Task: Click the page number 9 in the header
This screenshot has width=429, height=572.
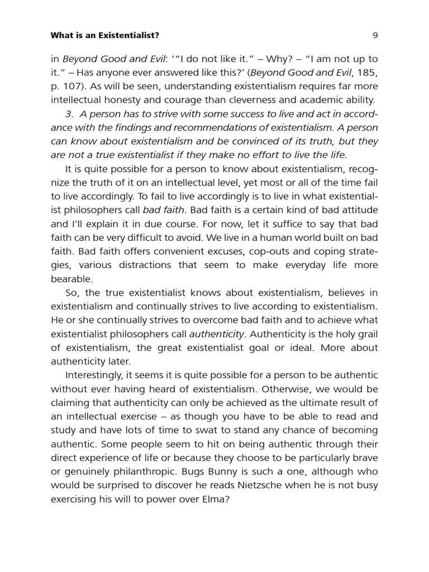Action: tap(375, 36)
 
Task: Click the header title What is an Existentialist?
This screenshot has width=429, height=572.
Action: tap(105, 36)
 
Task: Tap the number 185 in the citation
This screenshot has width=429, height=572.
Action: tap(366, 73)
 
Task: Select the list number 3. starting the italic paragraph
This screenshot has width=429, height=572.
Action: tap(70, 114)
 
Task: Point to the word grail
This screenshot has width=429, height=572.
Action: tap(365, 334)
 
